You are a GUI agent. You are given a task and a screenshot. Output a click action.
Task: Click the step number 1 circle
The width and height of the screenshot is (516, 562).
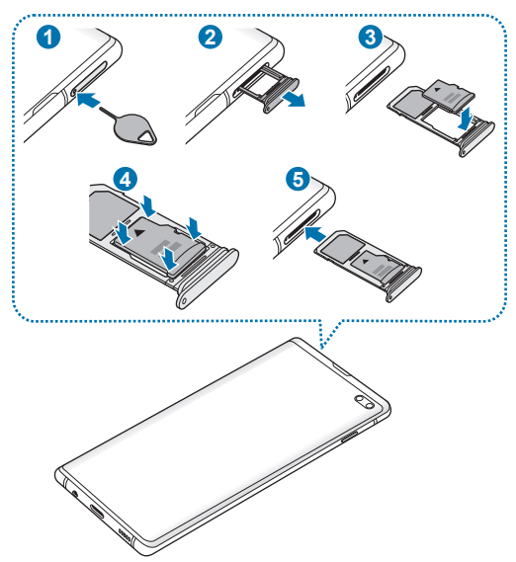tap(48, 38)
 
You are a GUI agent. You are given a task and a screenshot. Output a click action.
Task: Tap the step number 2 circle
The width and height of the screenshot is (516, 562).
tap(211, 38)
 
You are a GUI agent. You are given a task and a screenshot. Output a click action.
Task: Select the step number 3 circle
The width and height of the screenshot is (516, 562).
tap(371, 38)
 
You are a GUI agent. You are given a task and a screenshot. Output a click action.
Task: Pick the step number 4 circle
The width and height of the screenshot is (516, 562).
tap(125, 179)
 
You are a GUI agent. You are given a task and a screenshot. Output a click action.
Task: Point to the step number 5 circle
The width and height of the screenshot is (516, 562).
tap(298, 179)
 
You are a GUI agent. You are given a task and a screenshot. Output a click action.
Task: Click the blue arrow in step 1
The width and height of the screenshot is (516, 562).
tap(88, 99)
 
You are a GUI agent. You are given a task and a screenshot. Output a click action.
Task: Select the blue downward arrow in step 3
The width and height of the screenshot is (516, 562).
tap(466, 119)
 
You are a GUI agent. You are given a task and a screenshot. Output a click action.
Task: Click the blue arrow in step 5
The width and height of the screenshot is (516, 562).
tap(315, 234)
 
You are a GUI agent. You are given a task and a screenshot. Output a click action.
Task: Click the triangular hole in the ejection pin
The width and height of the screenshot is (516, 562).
tap(146, 136)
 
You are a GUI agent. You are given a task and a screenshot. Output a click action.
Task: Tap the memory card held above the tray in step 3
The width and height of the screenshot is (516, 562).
tap(449, 96)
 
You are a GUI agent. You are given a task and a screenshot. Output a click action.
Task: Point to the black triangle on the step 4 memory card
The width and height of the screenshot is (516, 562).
tap(139, 233)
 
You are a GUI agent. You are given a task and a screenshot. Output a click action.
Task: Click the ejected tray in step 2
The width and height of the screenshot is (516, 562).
tap(269, 89)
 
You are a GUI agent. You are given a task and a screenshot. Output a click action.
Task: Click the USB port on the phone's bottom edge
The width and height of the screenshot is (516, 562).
tap(96, 512)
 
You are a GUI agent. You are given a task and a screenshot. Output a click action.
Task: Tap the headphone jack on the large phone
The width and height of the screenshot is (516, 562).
tap(75, 494)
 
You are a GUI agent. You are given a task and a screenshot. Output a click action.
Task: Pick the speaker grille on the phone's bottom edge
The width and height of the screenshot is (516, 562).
tap(125, 535)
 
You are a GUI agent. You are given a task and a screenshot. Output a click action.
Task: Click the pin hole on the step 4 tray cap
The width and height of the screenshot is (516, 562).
tap(184, 301)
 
